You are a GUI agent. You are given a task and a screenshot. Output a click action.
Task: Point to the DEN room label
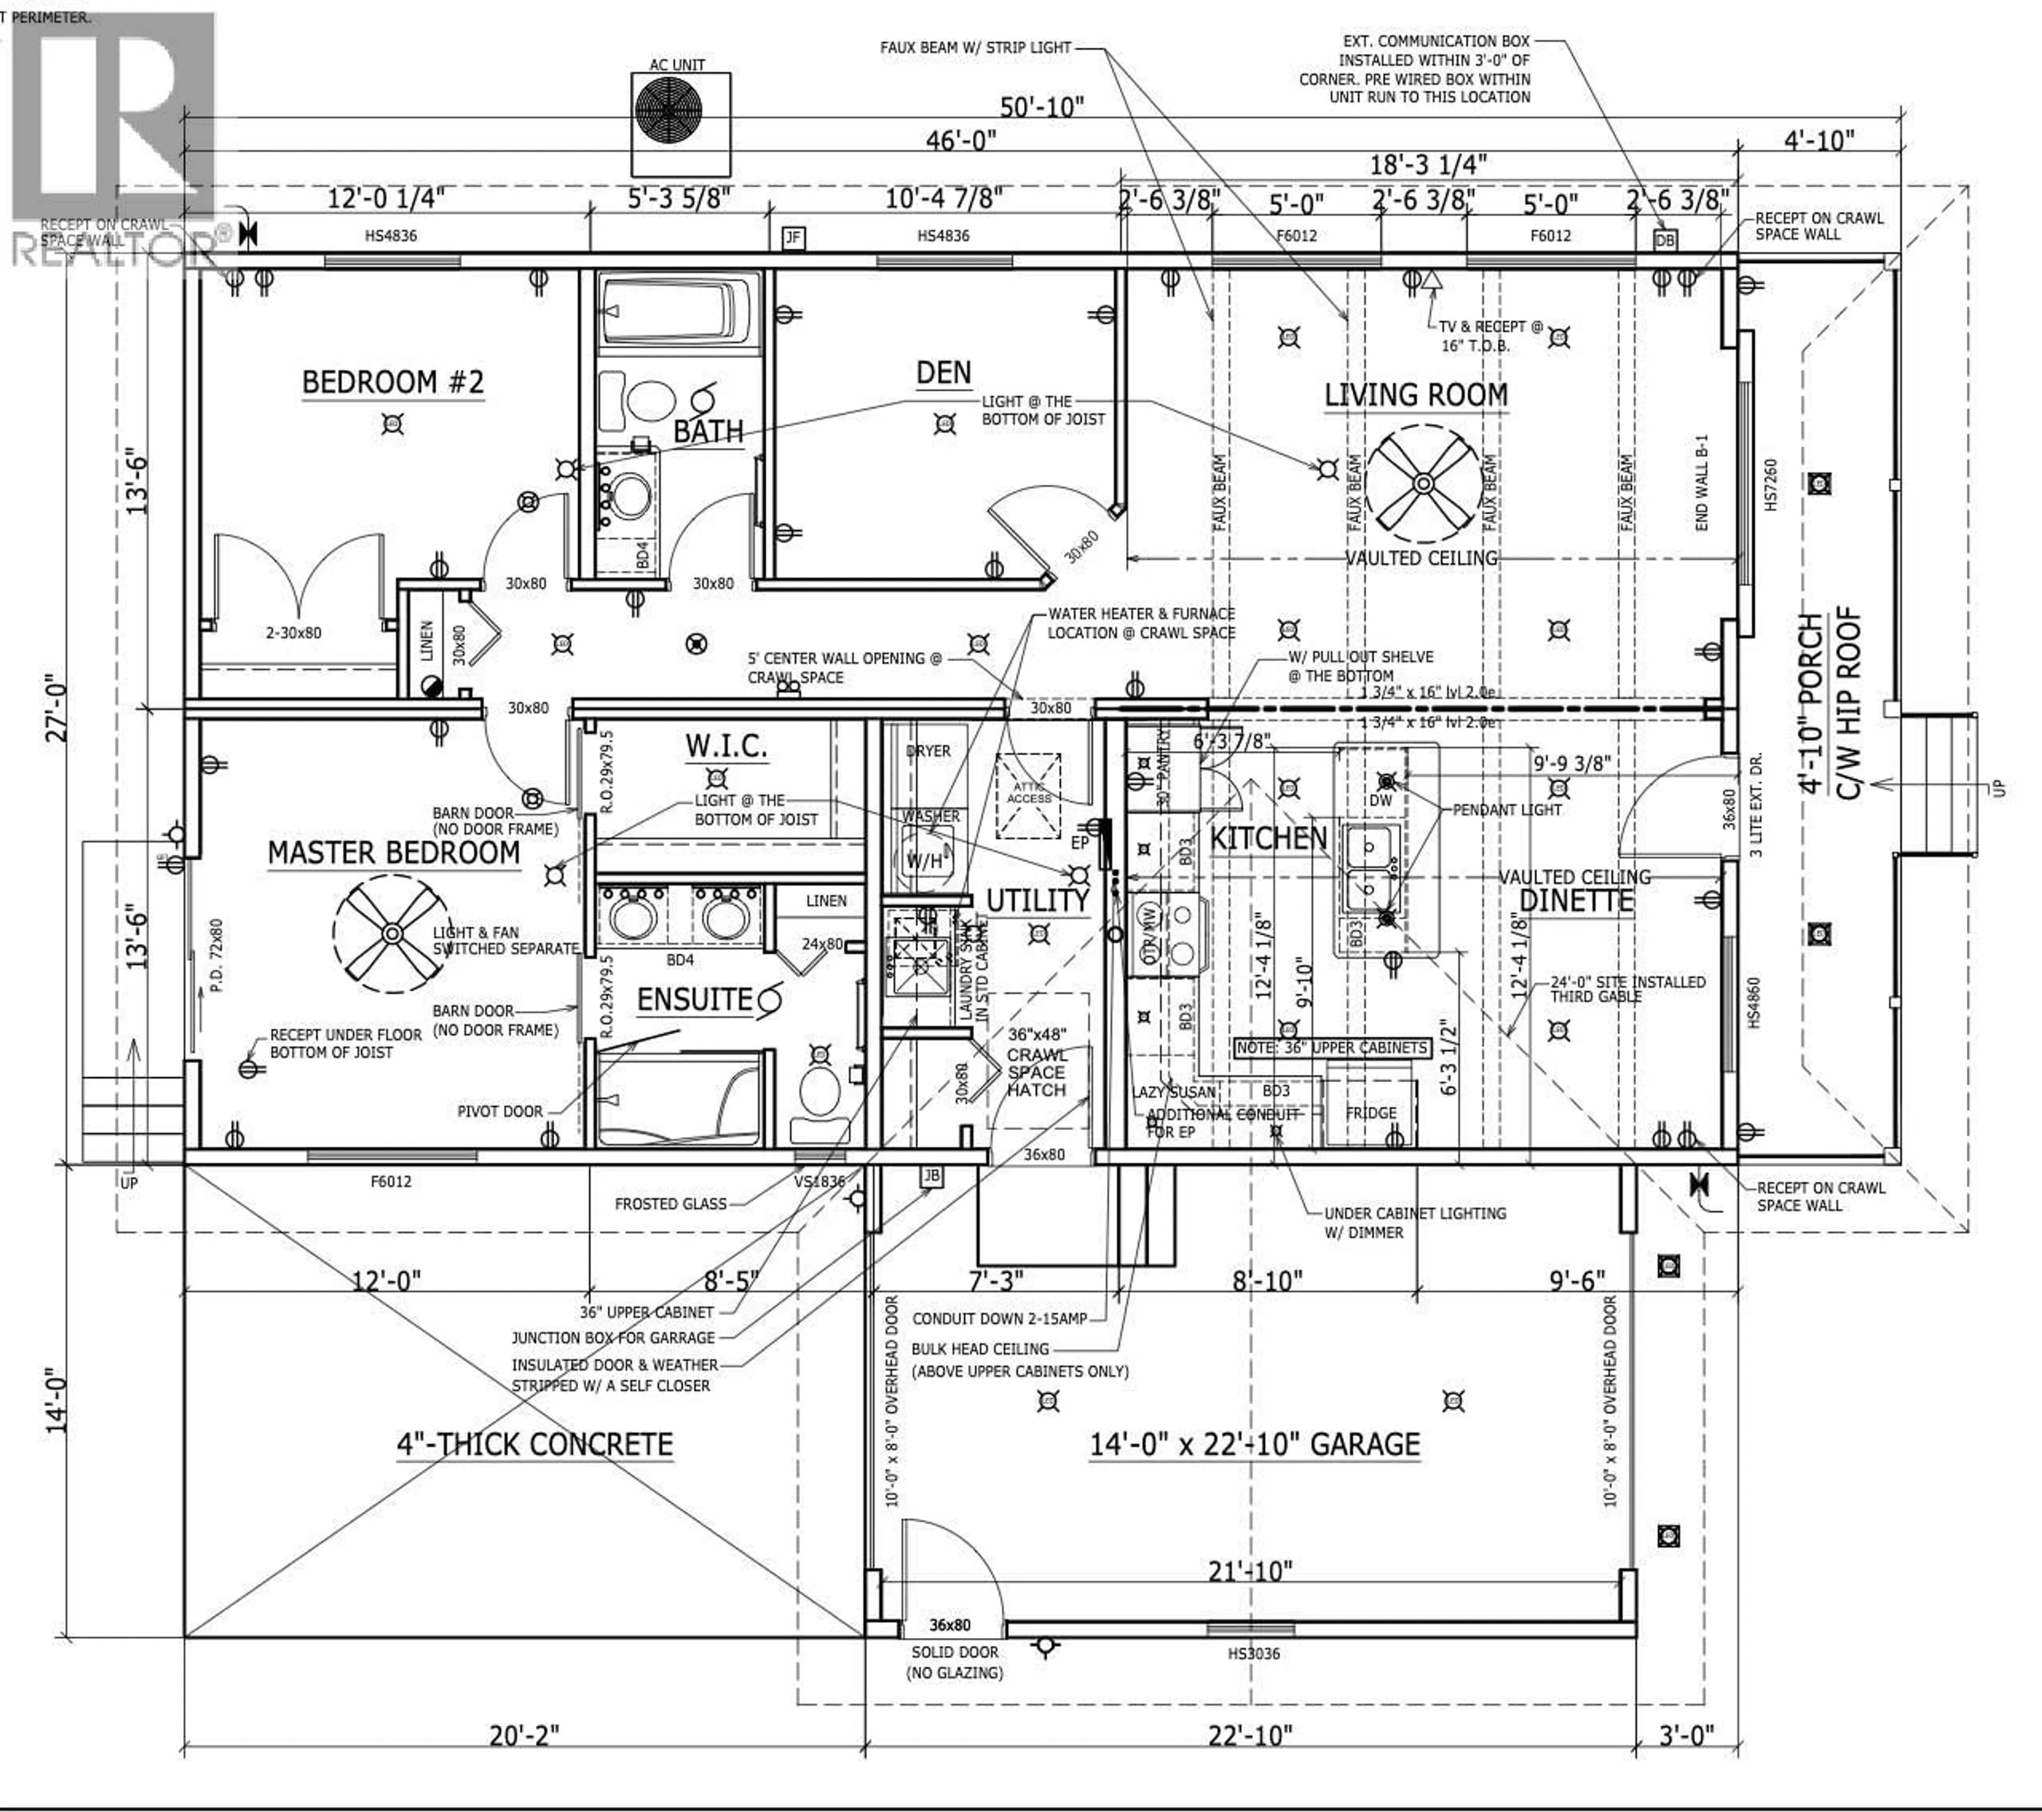(x=943, y=374)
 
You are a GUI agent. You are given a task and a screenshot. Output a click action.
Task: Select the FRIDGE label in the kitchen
(x=1371, y=1113)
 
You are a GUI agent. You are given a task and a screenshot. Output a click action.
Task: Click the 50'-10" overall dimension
(x=1042, y=106)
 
